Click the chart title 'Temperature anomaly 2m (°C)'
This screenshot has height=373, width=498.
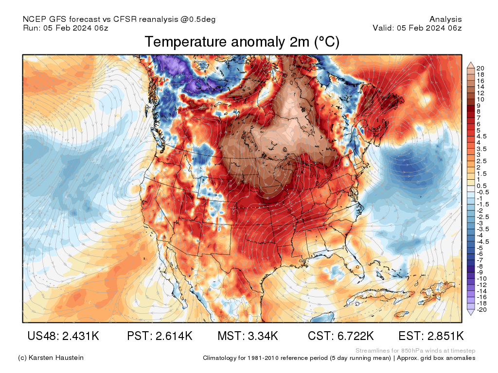pyautogui.click(x=242, y=42)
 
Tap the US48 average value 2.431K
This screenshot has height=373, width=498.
pyautogui.click(x=64, y=336)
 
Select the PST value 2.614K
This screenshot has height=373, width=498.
pyautogui.click(x=160, y=336)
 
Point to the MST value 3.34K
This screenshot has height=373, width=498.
pyautogui.click(x=248, y=336)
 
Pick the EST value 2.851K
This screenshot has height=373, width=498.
pyautogui.click(x=431, y=336)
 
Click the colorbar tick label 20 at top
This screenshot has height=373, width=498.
pyautogui.click(x=480, y=68)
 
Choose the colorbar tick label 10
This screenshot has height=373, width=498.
pyautogui.click(x=480, y=99)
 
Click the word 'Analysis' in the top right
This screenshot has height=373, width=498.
pyautogui.click(x=445, y=19)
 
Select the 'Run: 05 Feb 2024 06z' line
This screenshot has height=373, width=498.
pyautogui.click(x=65, y=28)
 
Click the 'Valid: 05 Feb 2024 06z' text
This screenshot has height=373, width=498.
pyautogui.click(x=417, y=28)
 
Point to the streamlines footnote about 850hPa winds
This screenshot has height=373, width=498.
pyautogui.click(x=415, y=351)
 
